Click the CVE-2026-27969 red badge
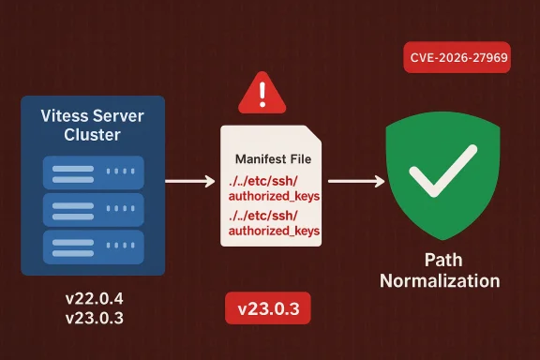tap(458, 58)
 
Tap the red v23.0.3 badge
tap(268, 308)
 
